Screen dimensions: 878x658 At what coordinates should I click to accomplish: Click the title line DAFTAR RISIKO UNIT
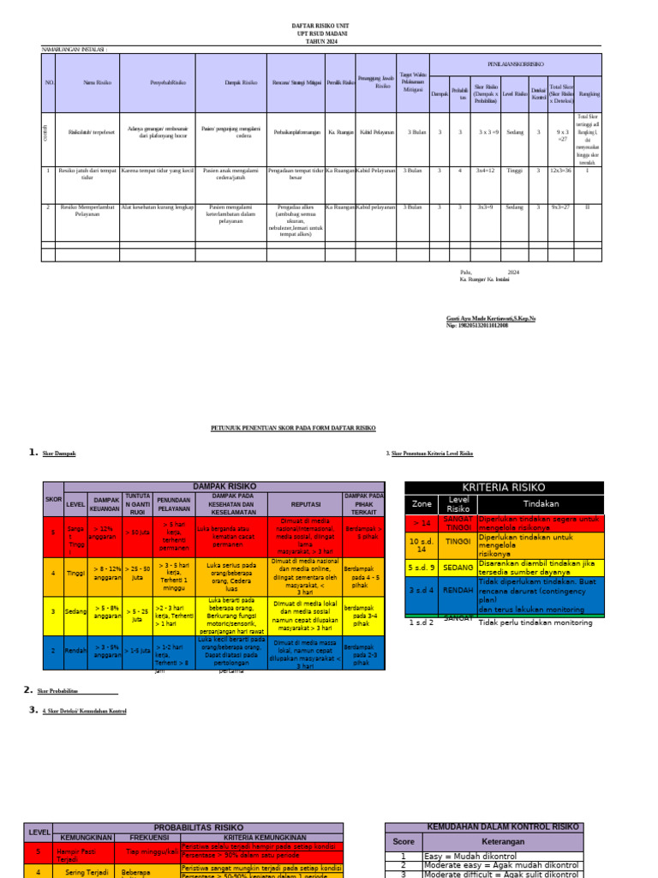pyautogui.click(x=321, y=27)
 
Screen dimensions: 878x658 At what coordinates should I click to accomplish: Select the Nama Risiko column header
pyautogui.click(x=88, y=82)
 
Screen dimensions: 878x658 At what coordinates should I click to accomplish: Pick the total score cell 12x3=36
pyautogui.click(x=561, y=171)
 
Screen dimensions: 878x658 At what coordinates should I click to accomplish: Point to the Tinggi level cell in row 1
pyautogui.click(x=514, y=171)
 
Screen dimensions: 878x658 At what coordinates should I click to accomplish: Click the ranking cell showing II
pyautogui.click(x=587, y=207)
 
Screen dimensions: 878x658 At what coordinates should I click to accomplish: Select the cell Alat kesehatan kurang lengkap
pyautogui.click(x=158, y=207)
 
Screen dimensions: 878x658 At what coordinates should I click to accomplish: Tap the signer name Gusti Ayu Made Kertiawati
pyautogui.click(x=491, y=318)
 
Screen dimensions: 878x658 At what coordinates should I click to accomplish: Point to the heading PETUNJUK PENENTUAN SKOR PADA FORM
pyautogui.click(x=293, y=427)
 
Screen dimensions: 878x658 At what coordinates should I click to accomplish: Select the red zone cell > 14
pyautogui.click(x=422, y=522)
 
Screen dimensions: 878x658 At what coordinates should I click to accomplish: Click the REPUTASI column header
pyautogui.click(x=306, y=504)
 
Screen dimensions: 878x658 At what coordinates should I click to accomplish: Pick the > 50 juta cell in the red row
pyautogui.click(x=137, y=532)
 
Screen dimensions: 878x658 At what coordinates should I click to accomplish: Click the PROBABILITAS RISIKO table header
pyautogui.click(x=199, y=827)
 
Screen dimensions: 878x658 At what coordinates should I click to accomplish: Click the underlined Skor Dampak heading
pyautogui.click(x=59, y=452)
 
